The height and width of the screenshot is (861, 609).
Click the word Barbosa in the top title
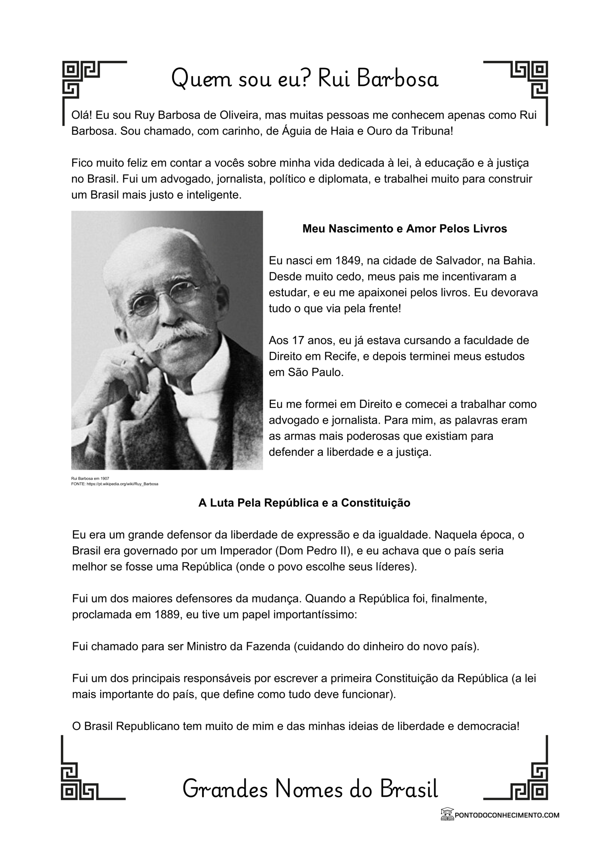(x=398, y=79)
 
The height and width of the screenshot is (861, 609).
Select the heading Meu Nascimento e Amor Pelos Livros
(x=404, y=229)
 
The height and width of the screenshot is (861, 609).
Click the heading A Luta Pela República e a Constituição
(x=304, y=503)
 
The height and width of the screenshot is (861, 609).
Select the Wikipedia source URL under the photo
(x=114, y=484)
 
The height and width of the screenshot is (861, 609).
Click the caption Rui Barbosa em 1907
(x=90, y=479)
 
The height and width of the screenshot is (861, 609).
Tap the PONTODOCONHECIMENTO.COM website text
(x=507, y=815)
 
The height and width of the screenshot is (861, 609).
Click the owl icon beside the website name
(x=447, y=814)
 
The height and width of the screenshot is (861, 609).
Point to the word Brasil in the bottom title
(x=409, y=789)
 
